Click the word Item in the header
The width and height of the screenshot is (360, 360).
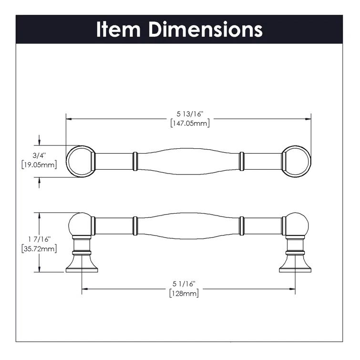(119, 30)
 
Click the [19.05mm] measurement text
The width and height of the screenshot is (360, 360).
(40, 165)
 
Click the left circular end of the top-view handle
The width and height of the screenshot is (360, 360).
(78, 161)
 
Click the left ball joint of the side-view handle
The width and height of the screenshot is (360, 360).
(80, 225)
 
